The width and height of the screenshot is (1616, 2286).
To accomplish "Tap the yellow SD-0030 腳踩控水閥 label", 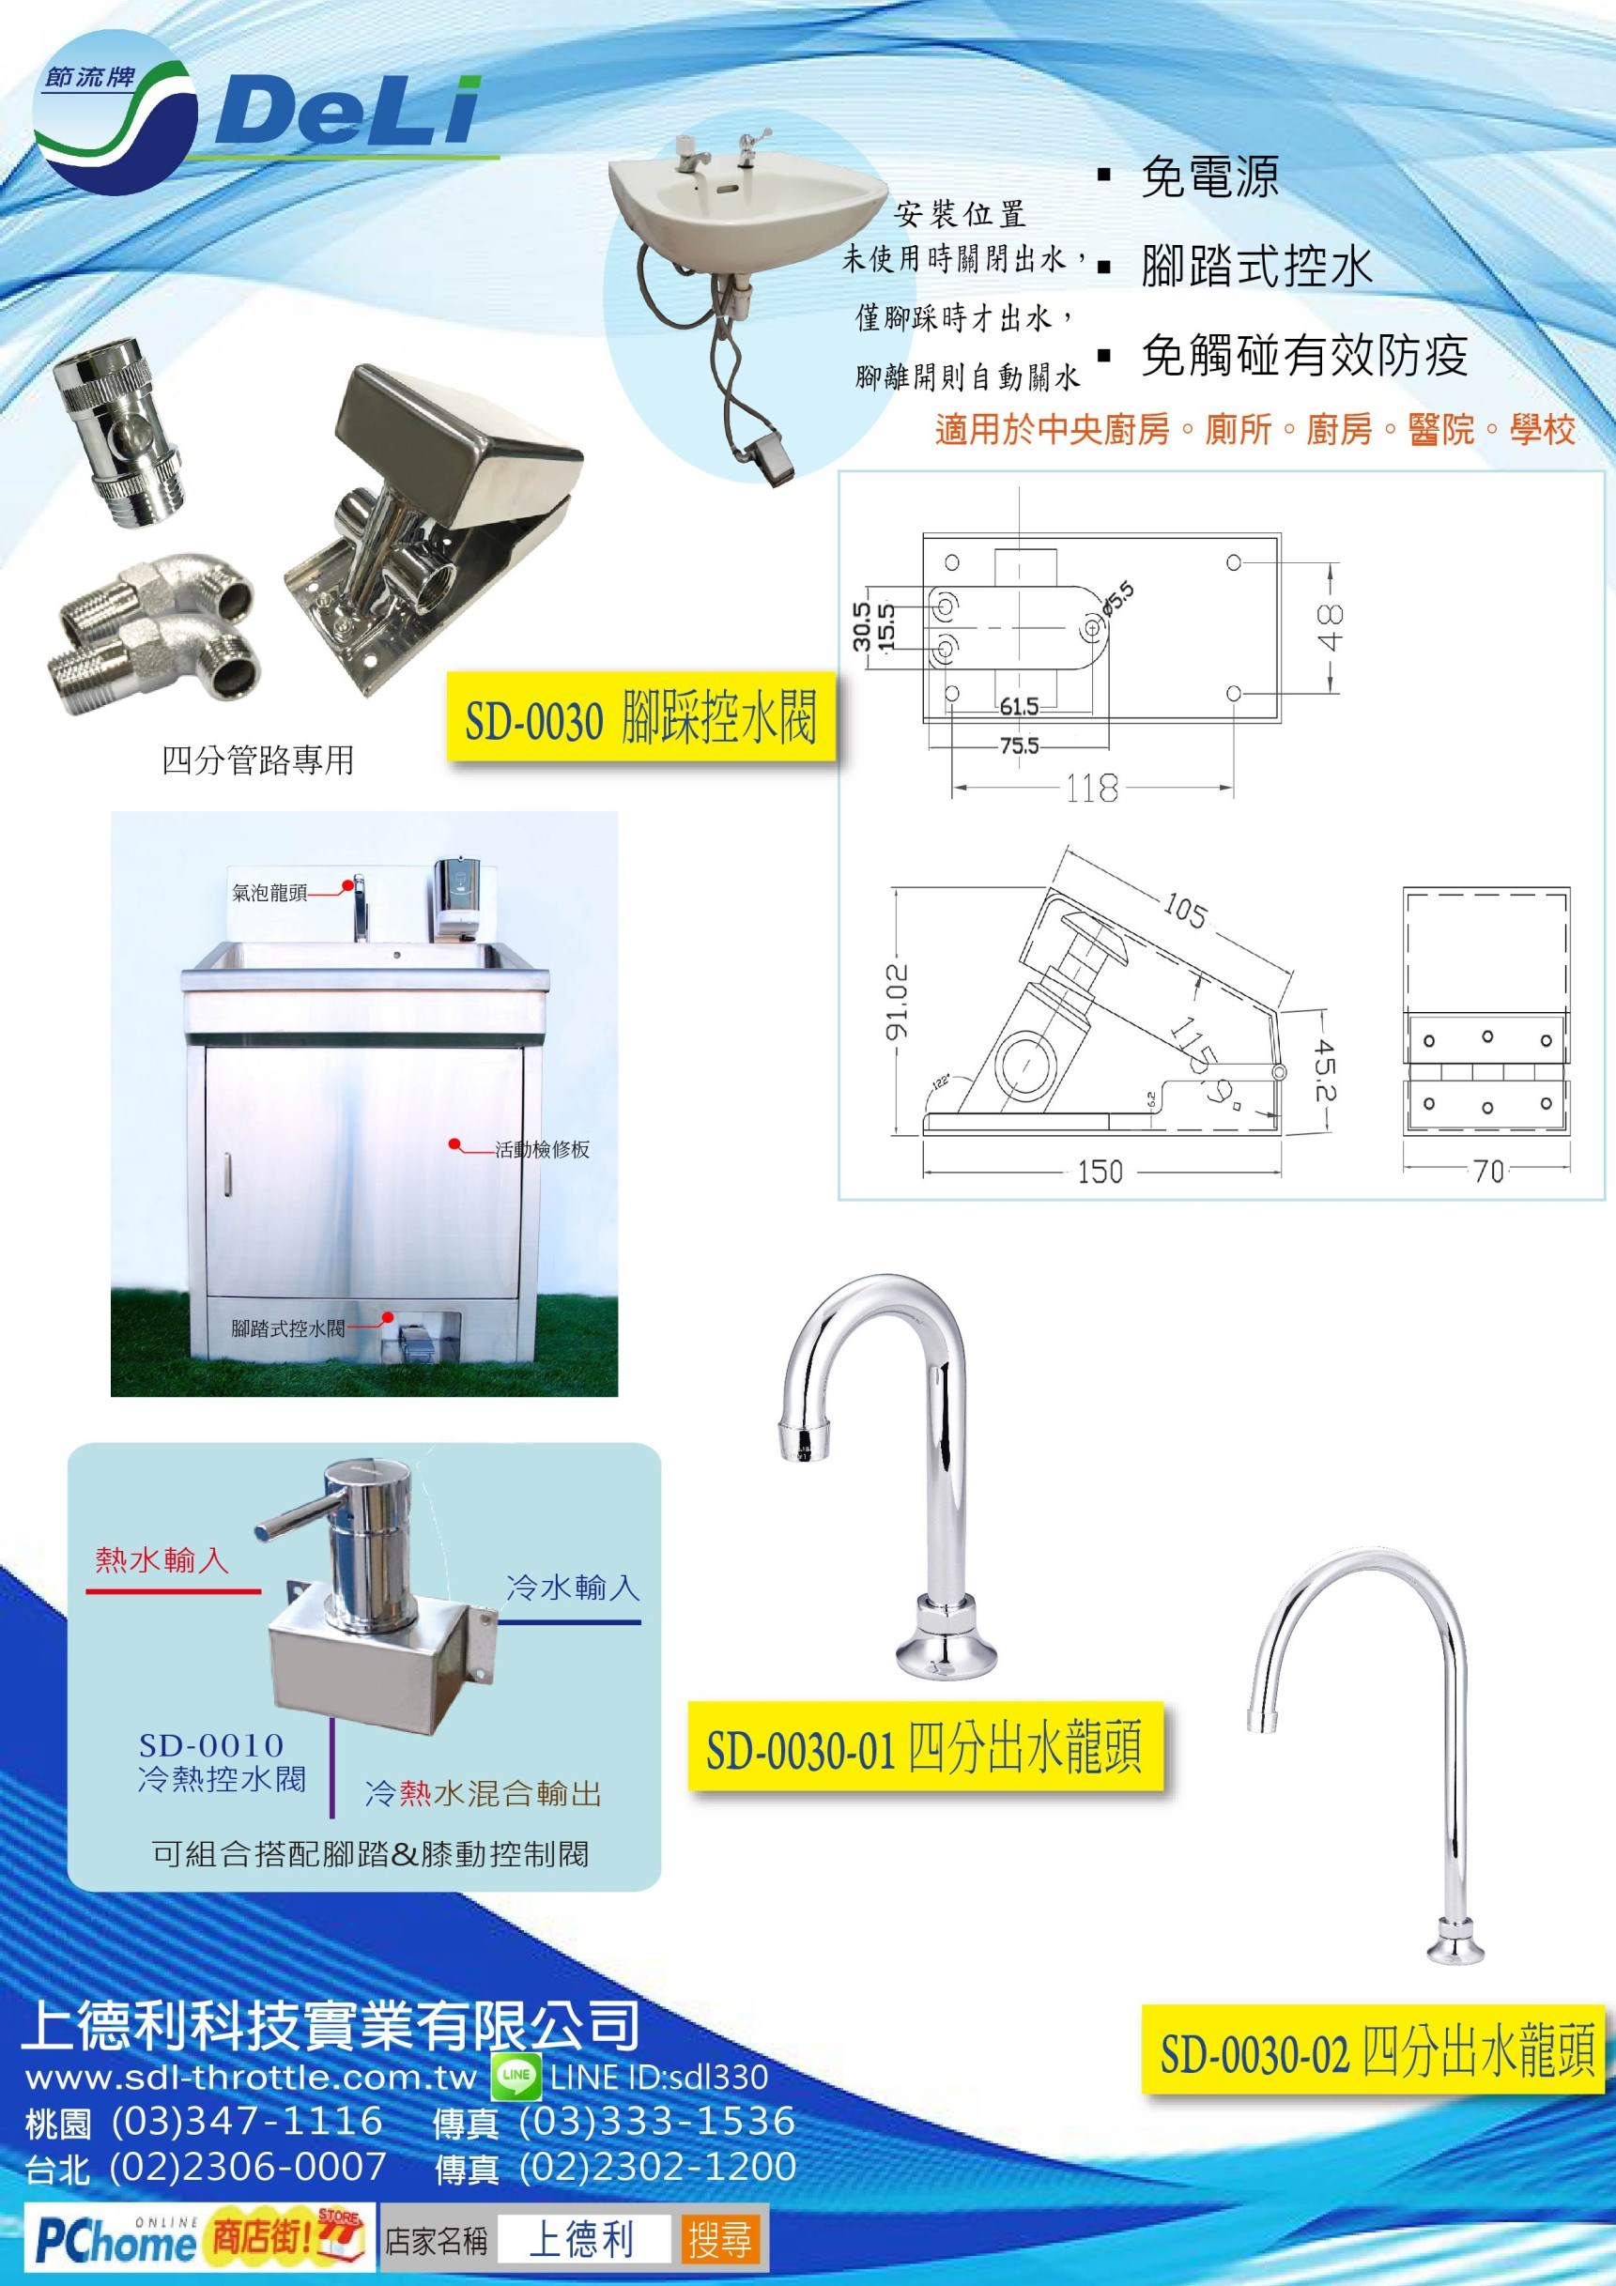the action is pos(640,717).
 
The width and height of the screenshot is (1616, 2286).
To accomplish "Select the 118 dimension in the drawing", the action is pos(1092,789).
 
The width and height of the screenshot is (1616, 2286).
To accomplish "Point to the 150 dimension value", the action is pos(1100,1171).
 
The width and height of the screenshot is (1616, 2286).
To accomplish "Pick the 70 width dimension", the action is pos(1487,1171).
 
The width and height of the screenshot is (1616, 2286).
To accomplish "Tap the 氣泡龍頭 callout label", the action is pos(269,893).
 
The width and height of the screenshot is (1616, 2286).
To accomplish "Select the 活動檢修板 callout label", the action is pos(543,1149).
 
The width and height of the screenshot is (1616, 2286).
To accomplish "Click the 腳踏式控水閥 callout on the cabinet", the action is pos(287,1328).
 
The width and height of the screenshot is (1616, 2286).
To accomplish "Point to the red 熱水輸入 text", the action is pos(162,1559).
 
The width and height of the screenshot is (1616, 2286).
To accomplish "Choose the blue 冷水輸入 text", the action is pos(573,1588).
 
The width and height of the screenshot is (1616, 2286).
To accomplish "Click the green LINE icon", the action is pos(517,2076).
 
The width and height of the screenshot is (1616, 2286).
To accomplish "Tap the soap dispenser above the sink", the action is pos(459,898).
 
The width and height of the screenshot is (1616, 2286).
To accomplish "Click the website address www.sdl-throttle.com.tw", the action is pos(251,2077).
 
